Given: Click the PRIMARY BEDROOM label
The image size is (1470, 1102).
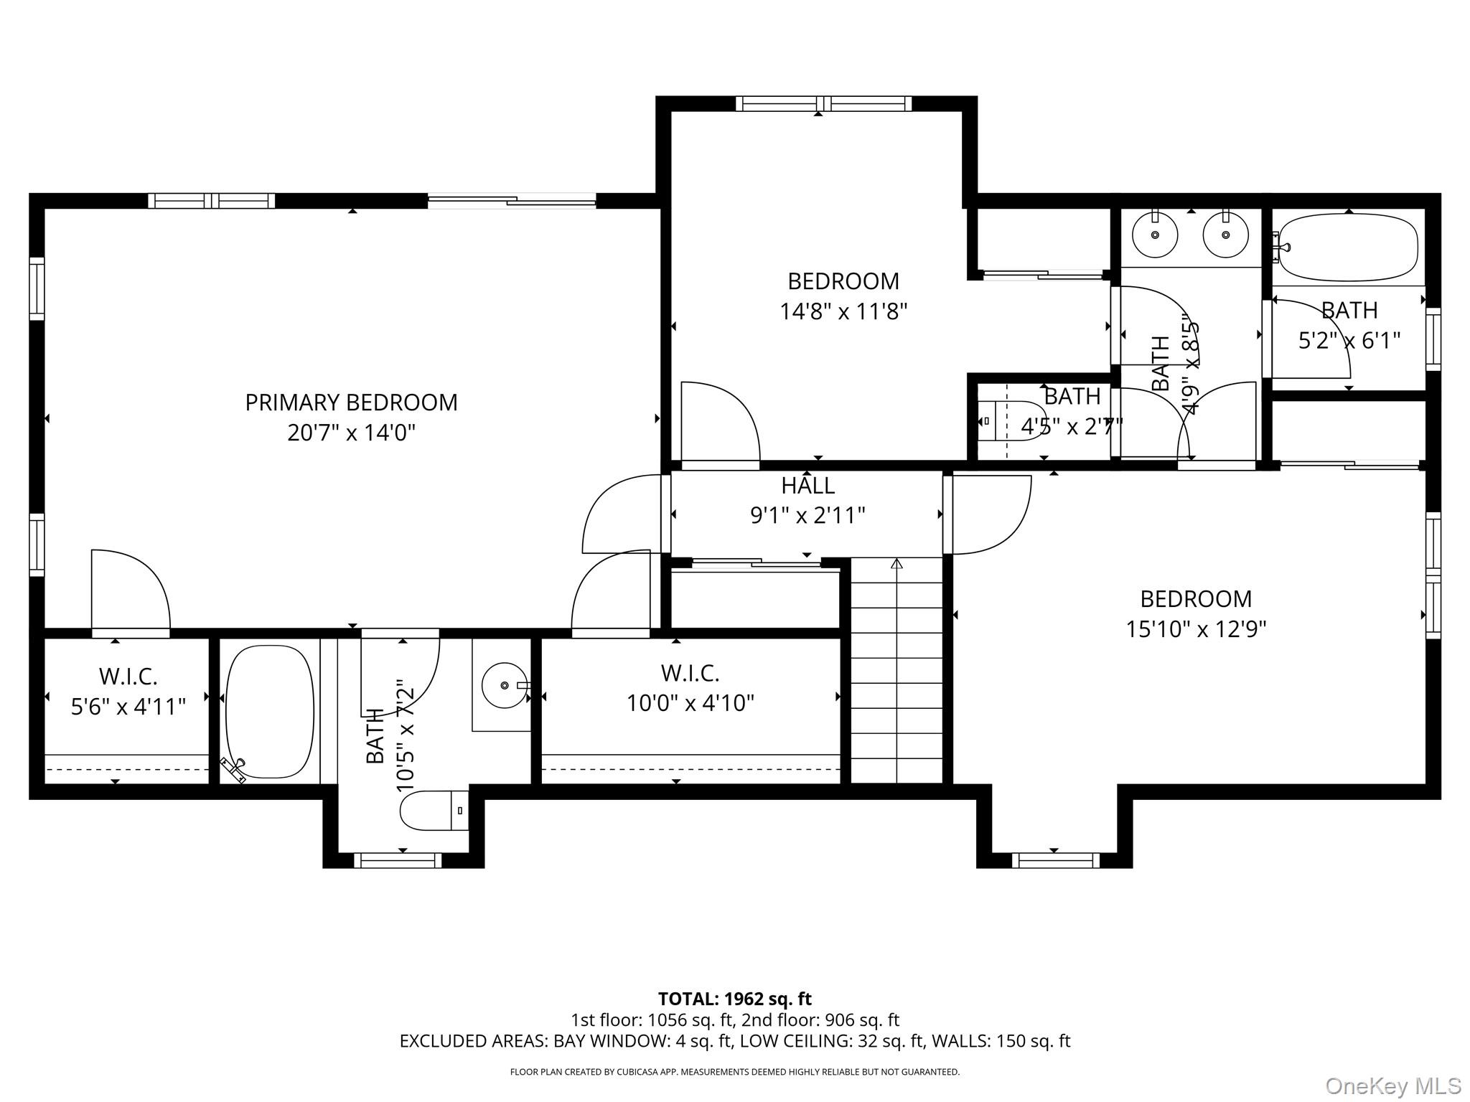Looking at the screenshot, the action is pyautogui.click(x=351, y=402).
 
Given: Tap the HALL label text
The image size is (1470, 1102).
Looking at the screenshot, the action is pyautogui.click(x=807, y=486).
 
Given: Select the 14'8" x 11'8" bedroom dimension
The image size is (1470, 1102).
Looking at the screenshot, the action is pyautogui.click(x=843, y=311).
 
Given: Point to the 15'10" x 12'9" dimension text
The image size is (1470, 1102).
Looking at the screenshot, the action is pyautogui.click(x=1196, y=629).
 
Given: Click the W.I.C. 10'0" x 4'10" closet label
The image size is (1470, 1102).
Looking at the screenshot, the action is pyautogui.click(x=690, y=688).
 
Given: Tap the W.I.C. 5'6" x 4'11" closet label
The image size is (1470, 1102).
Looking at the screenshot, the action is pyautogui.click(x=128, y=692).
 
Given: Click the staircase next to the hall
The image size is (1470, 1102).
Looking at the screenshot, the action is pyautogui.click(x=896, y=671).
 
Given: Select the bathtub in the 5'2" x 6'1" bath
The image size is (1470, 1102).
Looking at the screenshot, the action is pyautogui.click(x=1348, y=248).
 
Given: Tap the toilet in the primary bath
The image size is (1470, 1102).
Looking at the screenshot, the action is pyautogui.click(x=434, y=810).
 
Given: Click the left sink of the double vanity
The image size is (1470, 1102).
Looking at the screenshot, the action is pyautogui.click(x=1155, y=235).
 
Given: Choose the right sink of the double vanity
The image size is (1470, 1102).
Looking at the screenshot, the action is pyautogui.click(x=1225, y=235).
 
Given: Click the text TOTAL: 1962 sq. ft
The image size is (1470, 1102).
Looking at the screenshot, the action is pyautogui.click(x=735, y=999).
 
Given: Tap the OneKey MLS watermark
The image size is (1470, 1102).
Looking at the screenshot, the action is pyautogui.click(x=1392, y=1085).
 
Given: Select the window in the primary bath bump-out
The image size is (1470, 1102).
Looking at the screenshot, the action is pyautogui.click(x=398, y=860).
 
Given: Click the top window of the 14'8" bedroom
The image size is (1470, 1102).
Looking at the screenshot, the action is pyautogui.click(x=824, y=104).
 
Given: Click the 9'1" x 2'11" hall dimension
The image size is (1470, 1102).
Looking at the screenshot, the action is pyautogui.click(x=807, y=516).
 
